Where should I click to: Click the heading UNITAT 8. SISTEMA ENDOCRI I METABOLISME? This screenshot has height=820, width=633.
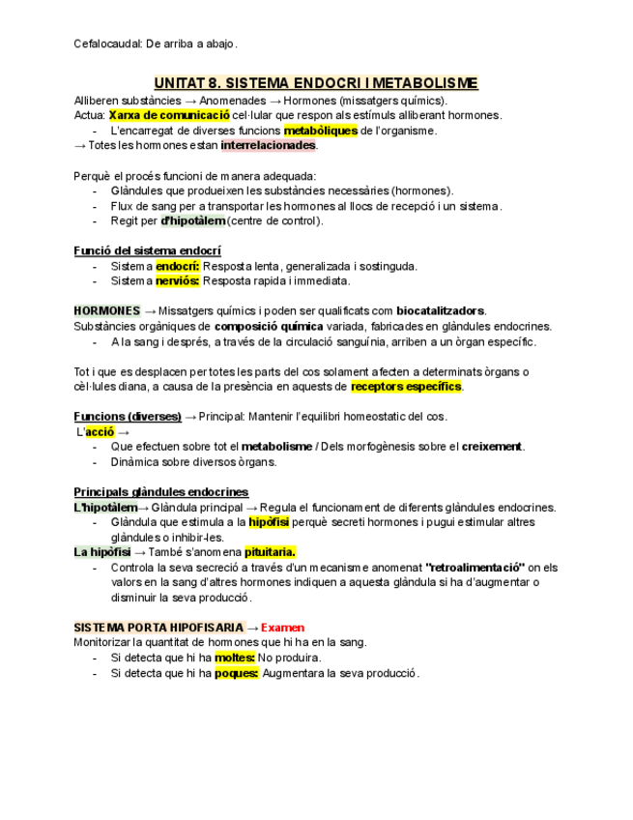pyautogui.click(x=316, y=84)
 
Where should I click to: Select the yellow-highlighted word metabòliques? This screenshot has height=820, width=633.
pyautogui.click(x=320, y=131)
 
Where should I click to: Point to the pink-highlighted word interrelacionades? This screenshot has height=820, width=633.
pyautogui.click(x=268, y=145)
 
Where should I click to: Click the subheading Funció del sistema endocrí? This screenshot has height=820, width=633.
pyautogui.click(x=147, y=250)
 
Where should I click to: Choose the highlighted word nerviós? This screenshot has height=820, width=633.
pyautogui.click(x=178, y=280)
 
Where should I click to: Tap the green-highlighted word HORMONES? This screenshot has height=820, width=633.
pyautogui.click(x=107, y=311)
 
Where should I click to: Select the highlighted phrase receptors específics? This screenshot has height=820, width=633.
pyautogui.click(x=406, y=387)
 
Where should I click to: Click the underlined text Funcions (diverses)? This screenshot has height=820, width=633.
pyautogui.click(x=128, y=417)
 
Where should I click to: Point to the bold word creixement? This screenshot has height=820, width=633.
pyautogui.click(x=492, y=447)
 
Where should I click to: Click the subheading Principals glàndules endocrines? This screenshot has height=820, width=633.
pyautogui.click(x=160, y=492)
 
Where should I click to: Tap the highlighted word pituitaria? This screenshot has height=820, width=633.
pyautogui.click(x=270, y=552)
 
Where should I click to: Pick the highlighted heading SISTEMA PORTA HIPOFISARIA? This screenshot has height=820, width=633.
pyautogui.click(x=158, y=628)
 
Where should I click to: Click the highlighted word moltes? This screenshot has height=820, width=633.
pyautogui.click(x=235, y=658)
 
